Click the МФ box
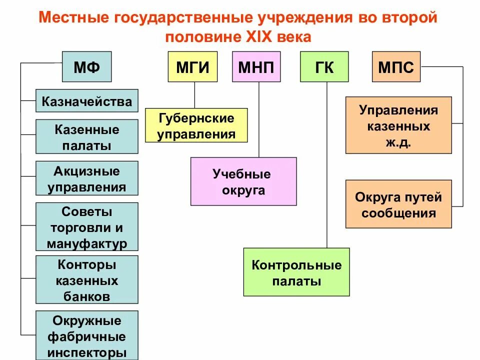(x=86, y=66)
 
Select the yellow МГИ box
(x=192, y=66)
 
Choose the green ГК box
(x=324, y=66)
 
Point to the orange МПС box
(x=396, y=66)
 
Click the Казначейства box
(x=87, y=101)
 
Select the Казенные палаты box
(x=87, y=136)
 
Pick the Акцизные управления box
(x=87, y=178)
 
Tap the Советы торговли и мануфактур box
(x=87, y=227)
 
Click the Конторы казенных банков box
(x=87, y=279)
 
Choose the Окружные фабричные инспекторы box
(x=87, y=335)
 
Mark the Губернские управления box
(x=196, y=125)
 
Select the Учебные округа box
(x=243, y=181)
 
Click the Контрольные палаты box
(x=296, y=272)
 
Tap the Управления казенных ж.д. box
(x=398, y=125)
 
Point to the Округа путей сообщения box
(x=398, y=204)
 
